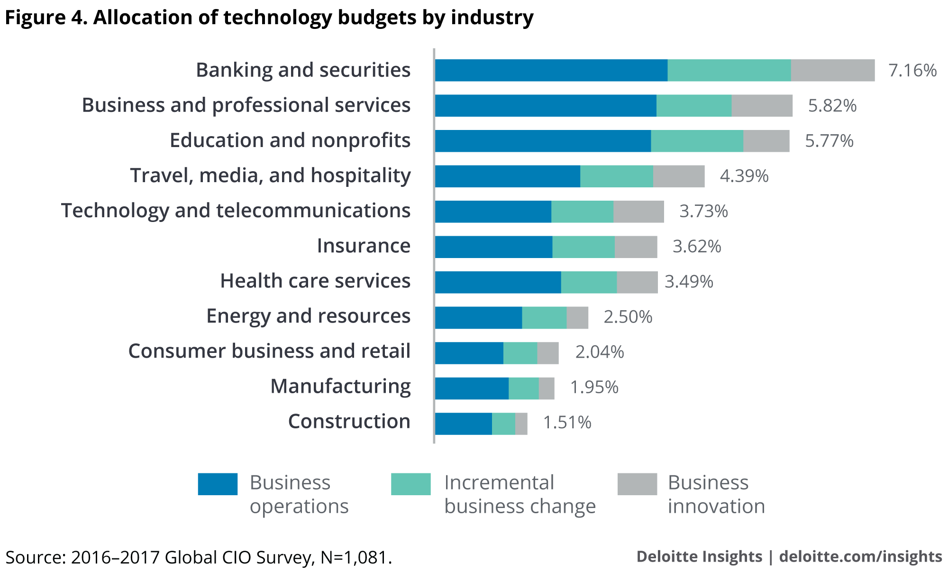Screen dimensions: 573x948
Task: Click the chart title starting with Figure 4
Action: tap(269, 18)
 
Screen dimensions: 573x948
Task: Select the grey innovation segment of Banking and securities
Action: tap(833, 70)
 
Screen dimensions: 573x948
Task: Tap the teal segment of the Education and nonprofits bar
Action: tap(697, 141)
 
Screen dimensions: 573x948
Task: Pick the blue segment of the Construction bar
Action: tap(464, 424)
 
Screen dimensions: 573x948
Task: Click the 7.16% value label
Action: tap(912, 71)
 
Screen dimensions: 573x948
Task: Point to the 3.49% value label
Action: tap(689, 282)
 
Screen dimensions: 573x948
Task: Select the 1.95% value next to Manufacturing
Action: tap(594, 388)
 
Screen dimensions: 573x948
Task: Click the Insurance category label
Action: tap(364, 246)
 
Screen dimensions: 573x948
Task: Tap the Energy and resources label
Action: tap(308, 316)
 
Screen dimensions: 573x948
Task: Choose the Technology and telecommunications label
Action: tap(236, 211)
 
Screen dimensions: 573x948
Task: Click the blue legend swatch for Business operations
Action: tap(218, 484)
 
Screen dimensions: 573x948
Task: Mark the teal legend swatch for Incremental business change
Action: tap(410, 484)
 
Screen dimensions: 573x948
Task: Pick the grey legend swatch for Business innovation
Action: tap(637, 484)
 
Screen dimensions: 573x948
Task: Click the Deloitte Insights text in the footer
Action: tap(699, 556)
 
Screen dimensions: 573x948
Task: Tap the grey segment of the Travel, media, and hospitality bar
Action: tap(679, 176)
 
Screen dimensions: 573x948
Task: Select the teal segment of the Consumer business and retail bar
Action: tap(520, 353)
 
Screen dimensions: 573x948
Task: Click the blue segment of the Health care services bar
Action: tap(498, 282)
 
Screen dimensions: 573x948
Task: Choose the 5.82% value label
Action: tap(832, 106)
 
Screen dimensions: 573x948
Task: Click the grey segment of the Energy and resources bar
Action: tap(577, 318)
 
